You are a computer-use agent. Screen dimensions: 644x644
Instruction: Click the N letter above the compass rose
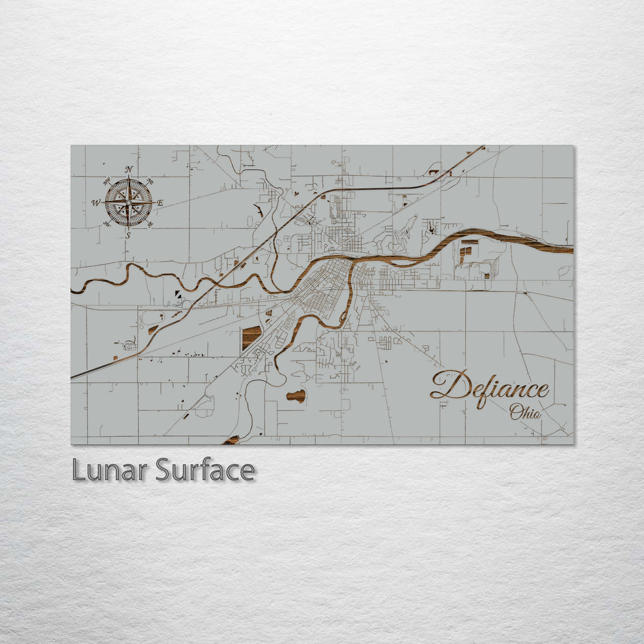[x=129, y=169]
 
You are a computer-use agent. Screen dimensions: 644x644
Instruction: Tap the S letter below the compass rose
[x=128, y=236]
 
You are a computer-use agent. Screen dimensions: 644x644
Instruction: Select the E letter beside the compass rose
[x=160, y=203]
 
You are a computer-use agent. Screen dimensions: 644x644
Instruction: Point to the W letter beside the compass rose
[x=95, y=203]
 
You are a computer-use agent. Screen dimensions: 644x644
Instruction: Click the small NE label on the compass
[x=150, y=181]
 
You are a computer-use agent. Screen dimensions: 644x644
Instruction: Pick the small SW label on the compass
[x=107, y=224]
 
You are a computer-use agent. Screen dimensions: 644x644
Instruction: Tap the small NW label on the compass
[x=107, y=181]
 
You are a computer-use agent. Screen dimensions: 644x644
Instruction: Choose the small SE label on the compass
[x=150, y=224]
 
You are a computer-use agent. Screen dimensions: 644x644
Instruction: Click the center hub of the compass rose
[x=128, y=203]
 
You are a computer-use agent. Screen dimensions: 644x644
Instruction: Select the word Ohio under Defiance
[x=525, y=411]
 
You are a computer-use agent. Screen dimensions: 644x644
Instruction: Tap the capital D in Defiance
[x=450, y=385]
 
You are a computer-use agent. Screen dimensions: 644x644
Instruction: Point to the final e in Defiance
[x=541, y=391]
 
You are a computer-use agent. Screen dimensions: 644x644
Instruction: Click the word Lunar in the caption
[x=109, y=470]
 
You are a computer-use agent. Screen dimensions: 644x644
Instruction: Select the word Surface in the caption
[x=205, y=470]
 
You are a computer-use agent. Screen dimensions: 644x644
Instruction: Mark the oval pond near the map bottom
[x=296, y=395]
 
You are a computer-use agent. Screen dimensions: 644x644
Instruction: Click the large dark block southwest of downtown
[x=252, y=337]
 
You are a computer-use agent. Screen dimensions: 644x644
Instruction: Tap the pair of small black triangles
[x=179, y=293]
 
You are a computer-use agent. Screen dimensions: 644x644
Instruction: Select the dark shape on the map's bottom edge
[x=231, y=441]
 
